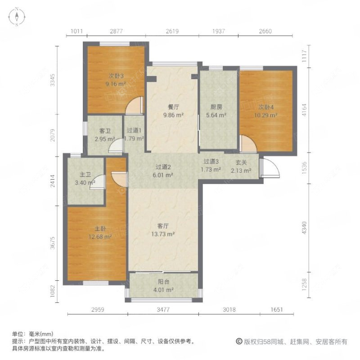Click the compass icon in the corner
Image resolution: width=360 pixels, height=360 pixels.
tap(17, 18)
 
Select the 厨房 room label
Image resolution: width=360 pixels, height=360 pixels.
tap(217, 107)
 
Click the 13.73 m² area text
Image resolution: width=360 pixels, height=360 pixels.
tap(162, 234)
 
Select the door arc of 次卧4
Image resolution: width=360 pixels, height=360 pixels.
tap(247, 144)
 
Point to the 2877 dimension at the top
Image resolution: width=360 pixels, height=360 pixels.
tap(116, 31)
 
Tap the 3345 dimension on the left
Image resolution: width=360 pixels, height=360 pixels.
tap(53, 80)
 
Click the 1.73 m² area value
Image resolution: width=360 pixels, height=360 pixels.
tap(211, 170)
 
